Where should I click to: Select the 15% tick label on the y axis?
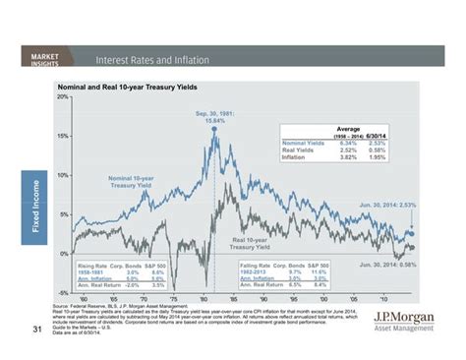point(62,136)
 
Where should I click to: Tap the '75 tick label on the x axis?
point(173,299)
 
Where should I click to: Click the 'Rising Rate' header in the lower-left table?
point(95,267)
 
